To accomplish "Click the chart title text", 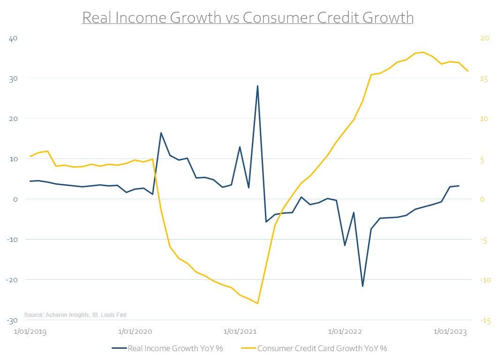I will pyautogui.click(x=248, y=17).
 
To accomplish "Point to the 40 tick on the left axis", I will pyautogui.click(x=13, y=38).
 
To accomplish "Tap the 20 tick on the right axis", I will pyautogui.click(x=483, y=38).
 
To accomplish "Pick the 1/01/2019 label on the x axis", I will pyautogui.click(x=30, y=332).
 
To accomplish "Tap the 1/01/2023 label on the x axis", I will pyautogui.click(x=450, y=332).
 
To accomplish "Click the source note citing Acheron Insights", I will pyautogui.click(x=75, y=315).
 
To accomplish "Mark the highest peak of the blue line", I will pyautogui.click(x=257, y=86).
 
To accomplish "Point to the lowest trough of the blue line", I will pyautogui.click(x=362, y=286).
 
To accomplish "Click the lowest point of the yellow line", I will pyautogui.click(x=257, y=303).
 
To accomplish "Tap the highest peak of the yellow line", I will pyautogui.click(x=423, y=52).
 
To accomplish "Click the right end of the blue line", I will pyautogui.click(x=459, y=186).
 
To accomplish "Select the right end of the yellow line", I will pyautogui.click(x=467, y=71).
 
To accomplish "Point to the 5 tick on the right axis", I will pyautogui.click(x=481, y=159).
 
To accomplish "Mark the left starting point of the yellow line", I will pyautogui.click(x=30, y=156).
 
